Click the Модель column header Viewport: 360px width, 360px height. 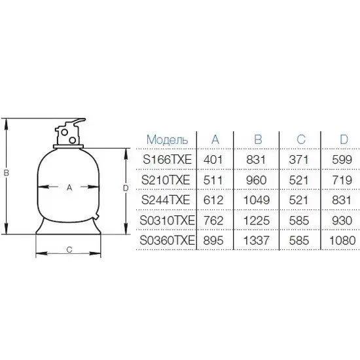(x=167, y=139)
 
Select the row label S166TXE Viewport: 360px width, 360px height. (x=167, y=160)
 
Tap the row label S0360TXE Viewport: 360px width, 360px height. (x=167, y=240)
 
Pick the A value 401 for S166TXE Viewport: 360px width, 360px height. (x=213, y=160)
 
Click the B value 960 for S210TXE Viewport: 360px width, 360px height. (x=256, y=180)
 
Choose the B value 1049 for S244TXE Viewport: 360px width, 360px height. (x=256, y=200)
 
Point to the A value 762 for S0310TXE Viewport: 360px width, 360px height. (x=213, y=221)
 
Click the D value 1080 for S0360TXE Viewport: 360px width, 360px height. (x=342, y=240)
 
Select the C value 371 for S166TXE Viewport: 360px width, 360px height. (x=298, y=160)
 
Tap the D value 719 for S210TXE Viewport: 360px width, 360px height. (x=342, y=180)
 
